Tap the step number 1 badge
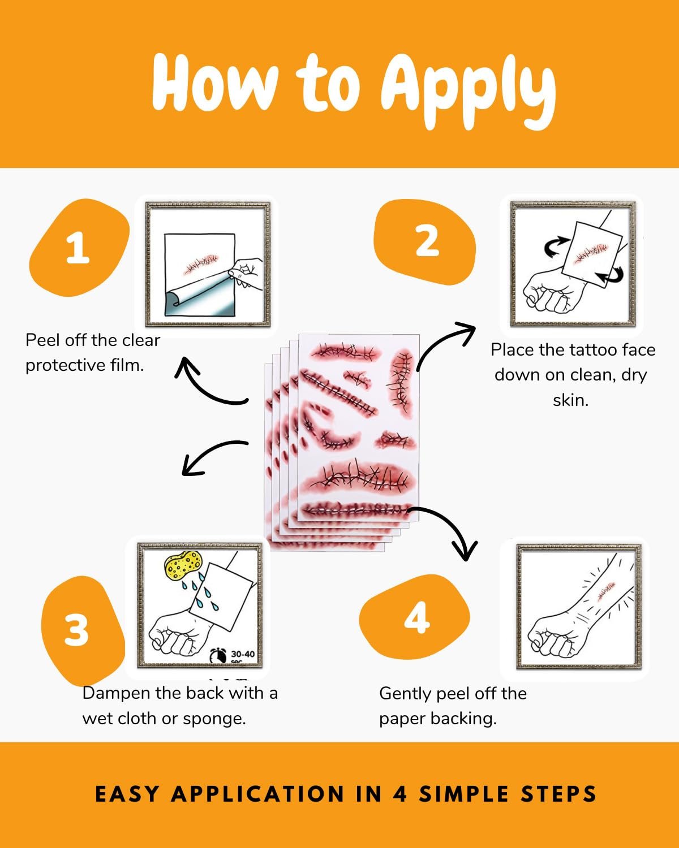(79, 248)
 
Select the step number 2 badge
(425, 241)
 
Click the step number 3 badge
(82, 630)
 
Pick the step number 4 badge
(415, 617)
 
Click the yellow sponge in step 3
(183, 565)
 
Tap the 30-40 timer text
(243, 654)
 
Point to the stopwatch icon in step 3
(218, 655)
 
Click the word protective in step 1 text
(65, 366)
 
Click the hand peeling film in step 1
(246, 272)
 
